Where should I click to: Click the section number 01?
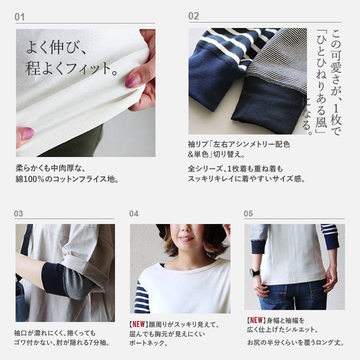[19, 17]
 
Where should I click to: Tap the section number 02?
[193, 16]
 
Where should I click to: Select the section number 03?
[18, 213]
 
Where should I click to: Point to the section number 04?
[133, 214]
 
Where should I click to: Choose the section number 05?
[248, 213]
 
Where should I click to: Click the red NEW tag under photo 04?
[138, 324]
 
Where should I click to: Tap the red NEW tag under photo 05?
[256, 320]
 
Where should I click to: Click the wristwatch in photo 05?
[254, 273]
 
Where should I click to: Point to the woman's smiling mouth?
[186, 239]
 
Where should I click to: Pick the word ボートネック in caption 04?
[146, 343]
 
